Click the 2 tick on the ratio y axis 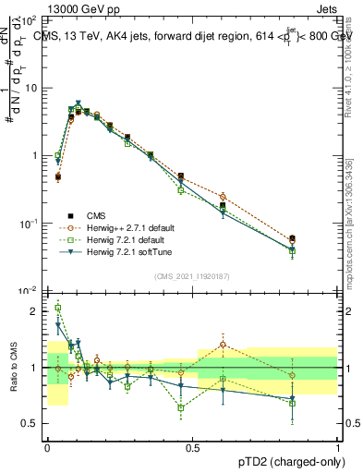click(x=36, y=311)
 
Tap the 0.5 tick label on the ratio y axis click(x=32, y=423)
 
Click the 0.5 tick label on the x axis click(x=192, y=446)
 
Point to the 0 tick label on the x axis click(x=47, y=446)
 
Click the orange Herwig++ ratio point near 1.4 click(x=223, y=345)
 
